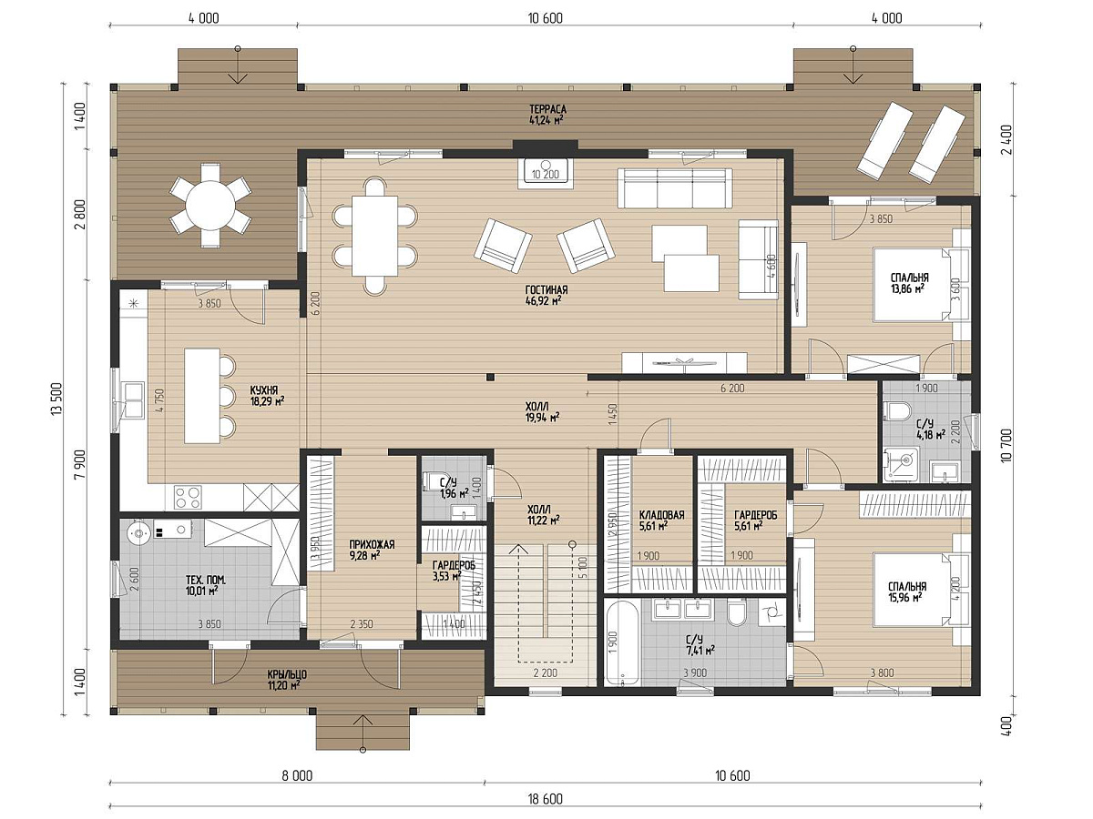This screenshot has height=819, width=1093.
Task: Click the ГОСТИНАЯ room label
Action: point(546,289)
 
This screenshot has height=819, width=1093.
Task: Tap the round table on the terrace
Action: point(210,206)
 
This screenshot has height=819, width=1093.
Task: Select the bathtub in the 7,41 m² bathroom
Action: point(622,643)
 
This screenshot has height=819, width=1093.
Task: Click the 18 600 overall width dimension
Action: point(546,799)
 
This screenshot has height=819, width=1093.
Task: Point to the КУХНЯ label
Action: point(264,390)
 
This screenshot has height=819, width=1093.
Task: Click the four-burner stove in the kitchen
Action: point(189,497)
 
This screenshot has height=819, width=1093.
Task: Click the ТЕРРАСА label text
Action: point(547,109)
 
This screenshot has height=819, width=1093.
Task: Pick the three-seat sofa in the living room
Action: point(675,188)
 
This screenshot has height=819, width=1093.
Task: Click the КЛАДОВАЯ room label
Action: point(661,515)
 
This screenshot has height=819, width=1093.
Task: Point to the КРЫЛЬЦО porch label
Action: point(287,675)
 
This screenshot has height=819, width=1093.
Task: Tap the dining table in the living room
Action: point(374,236)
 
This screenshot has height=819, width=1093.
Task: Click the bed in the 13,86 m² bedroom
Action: point(911,285)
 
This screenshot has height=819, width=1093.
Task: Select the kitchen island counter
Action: point(202,396)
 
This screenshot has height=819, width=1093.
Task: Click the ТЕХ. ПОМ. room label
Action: point(205,580)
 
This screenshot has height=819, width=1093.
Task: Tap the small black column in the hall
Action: point(490,378)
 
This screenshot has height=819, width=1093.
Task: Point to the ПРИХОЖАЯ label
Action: point(372,544)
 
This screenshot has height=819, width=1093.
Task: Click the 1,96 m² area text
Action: point(455,493)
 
